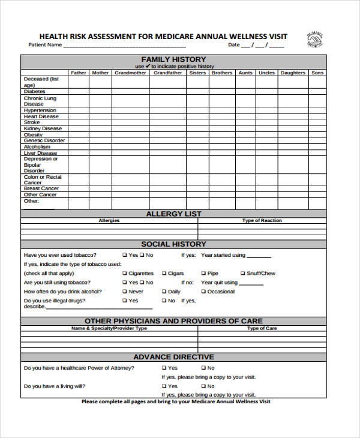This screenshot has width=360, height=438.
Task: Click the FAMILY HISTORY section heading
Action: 173,59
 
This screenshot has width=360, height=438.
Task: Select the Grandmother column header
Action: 130,73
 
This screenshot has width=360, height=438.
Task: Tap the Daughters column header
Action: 293,73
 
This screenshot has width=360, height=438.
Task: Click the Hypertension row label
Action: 40,110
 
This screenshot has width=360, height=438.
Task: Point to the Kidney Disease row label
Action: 43,128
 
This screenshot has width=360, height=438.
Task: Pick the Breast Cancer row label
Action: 41,188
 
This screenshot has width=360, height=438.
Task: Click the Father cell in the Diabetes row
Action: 79,92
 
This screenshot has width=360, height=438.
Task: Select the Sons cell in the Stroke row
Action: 317,122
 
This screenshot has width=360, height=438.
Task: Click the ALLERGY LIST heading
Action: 173,214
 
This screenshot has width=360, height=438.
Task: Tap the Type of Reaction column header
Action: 262,221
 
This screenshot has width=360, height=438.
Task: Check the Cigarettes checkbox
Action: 125,274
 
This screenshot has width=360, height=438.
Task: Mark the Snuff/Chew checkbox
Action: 242,274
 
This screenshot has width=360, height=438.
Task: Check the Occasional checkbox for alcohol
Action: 203,292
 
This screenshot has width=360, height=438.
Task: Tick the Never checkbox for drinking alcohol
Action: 125,292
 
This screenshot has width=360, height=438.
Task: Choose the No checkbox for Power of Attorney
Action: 203,368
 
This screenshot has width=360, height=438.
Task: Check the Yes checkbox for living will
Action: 164,386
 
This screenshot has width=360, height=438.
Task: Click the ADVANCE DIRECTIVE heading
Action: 173,357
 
